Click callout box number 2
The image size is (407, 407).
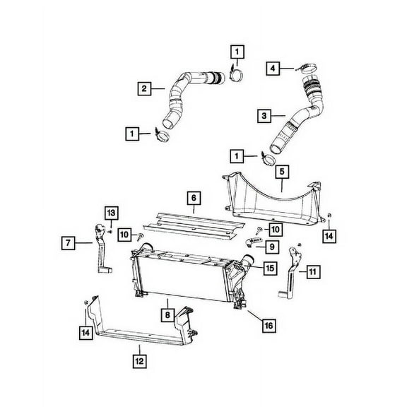144,88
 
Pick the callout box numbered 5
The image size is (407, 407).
281,170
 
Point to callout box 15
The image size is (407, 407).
270,268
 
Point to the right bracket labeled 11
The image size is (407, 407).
292,276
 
